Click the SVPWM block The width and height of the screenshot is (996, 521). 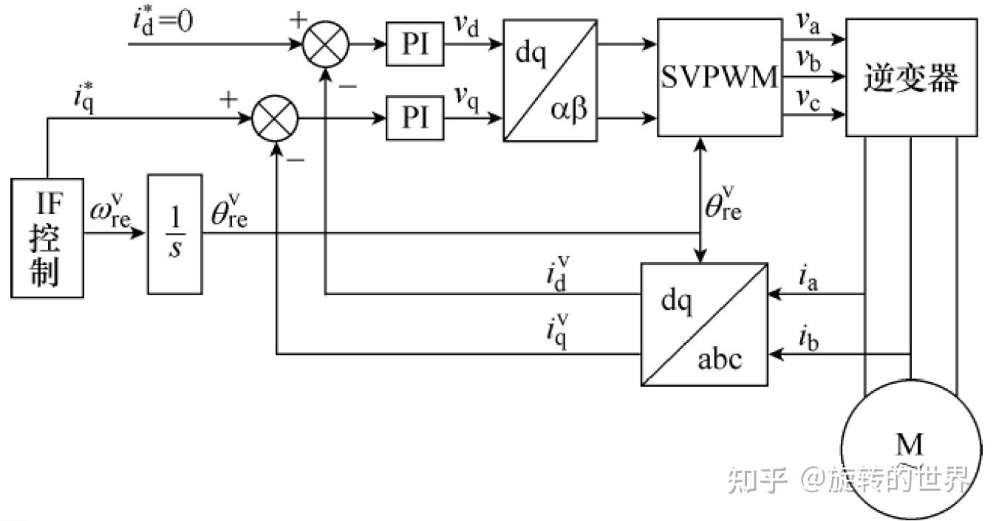719,77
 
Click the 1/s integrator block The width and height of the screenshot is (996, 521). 174,235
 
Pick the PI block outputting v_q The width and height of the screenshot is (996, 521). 415,117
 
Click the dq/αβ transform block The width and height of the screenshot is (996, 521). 550,80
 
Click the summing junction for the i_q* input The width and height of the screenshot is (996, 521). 275,117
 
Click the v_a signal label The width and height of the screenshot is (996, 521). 807,25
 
